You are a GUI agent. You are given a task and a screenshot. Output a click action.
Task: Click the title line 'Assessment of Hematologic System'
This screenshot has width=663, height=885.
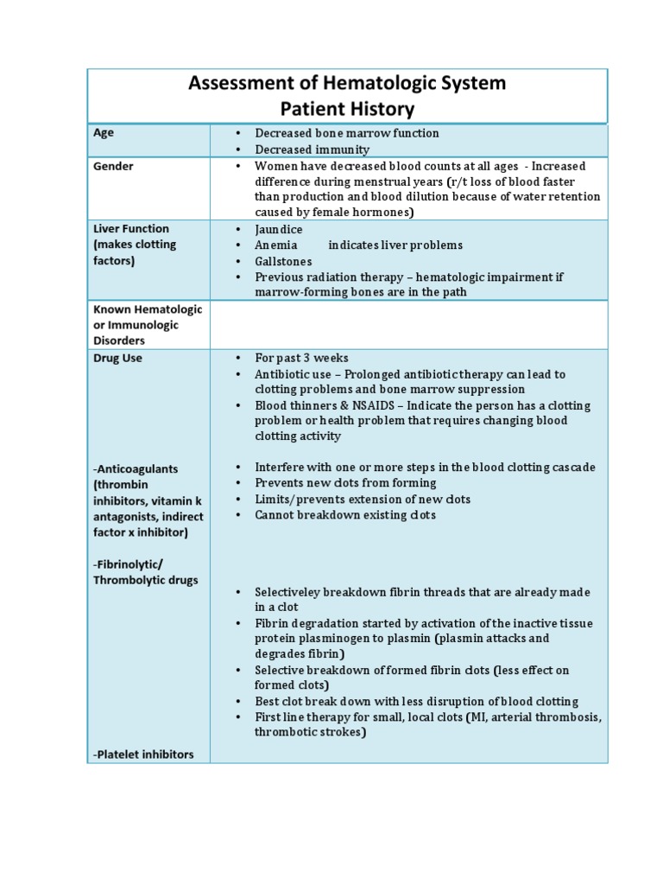coord(347,83)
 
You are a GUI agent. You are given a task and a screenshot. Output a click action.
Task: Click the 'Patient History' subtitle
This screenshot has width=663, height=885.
coord(347,109)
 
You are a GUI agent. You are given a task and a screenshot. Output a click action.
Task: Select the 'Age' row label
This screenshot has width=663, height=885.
coord(104,133)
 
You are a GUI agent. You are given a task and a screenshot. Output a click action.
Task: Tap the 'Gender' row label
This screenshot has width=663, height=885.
coord(113,166)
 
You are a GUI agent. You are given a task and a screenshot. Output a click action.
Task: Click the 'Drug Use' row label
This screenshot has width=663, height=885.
coord(117,358)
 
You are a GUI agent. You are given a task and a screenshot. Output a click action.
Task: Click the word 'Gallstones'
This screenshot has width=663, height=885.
coord(283,261)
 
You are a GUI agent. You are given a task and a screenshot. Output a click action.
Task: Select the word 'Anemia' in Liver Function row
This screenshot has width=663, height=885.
coord(275,245)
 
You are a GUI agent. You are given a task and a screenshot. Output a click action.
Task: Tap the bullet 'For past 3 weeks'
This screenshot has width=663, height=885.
coord(301,358)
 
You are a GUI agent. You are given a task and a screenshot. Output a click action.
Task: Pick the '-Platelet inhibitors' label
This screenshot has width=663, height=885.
coord(142,754)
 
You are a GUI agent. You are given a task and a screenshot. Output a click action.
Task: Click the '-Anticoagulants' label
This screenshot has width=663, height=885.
coord(136,468)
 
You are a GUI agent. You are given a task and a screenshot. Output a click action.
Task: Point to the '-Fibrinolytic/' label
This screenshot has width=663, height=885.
coord(134,564)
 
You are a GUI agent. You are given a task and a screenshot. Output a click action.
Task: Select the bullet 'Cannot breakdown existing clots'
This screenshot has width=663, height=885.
coord(345,515)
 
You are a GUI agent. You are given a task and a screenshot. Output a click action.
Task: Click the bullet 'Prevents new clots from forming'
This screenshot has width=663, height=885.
coord(345,483)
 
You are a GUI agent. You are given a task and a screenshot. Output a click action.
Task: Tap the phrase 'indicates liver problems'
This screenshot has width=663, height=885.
coord(395,245)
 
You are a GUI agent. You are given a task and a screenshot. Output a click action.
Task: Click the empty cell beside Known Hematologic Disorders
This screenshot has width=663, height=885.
coord(408,324)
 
